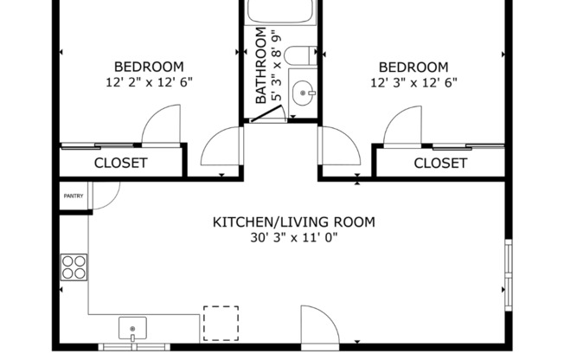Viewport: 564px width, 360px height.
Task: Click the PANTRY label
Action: [73, 196]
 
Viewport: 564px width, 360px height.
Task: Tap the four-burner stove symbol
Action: [74, 266]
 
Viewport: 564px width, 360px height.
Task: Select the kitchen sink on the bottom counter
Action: [132, 329]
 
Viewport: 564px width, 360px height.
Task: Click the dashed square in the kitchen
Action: [221, 323]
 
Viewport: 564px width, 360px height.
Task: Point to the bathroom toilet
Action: [298, 57]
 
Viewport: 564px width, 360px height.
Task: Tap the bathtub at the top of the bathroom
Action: [280, 11]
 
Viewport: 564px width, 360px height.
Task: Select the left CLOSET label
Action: [120, 163]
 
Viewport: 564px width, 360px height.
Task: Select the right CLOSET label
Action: [440, 163]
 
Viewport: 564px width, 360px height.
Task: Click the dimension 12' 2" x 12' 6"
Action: [149, 83]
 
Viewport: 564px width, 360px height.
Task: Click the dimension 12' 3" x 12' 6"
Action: [413, 83]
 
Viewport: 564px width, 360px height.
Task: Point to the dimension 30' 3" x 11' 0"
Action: [294, 238]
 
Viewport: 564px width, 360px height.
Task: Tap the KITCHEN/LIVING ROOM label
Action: [294, 222]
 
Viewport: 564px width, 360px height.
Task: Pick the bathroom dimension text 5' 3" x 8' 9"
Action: [277, 67]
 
